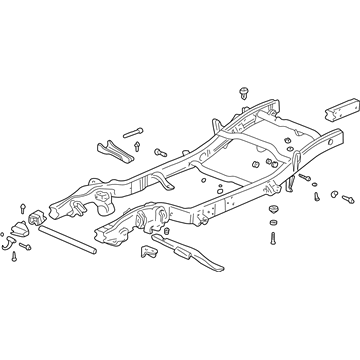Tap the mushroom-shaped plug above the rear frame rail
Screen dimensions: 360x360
244,92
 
